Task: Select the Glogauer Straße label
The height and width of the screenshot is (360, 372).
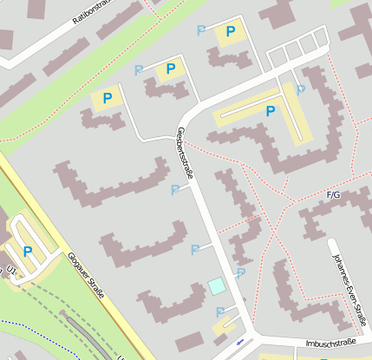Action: pyautogui.click(x=85, y=276)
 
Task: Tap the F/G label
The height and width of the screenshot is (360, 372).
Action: pyautogui.click(x=333, y=195)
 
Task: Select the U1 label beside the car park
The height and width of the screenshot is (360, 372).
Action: pyautogui.click(x=11, y=269)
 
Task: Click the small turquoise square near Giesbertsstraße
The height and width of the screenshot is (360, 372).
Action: pyautogui.click(x=216, y=285)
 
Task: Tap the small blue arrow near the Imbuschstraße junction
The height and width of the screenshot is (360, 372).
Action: pyautogui.click(x=240, y=343)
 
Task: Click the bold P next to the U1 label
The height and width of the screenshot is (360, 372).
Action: pyautogui.click(x=28, y=252)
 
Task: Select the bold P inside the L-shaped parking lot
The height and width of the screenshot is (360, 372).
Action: pyautogui.click(x=271, y=111)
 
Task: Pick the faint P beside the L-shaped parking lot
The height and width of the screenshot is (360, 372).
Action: pyautogui.click(x=301, y=88)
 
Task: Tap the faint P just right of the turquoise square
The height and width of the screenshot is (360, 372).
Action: pyautogui.click(x=240, y=272)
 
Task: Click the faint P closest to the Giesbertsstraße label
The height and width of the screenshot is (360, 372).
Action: pyautogui.click(x=175, y=189)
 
